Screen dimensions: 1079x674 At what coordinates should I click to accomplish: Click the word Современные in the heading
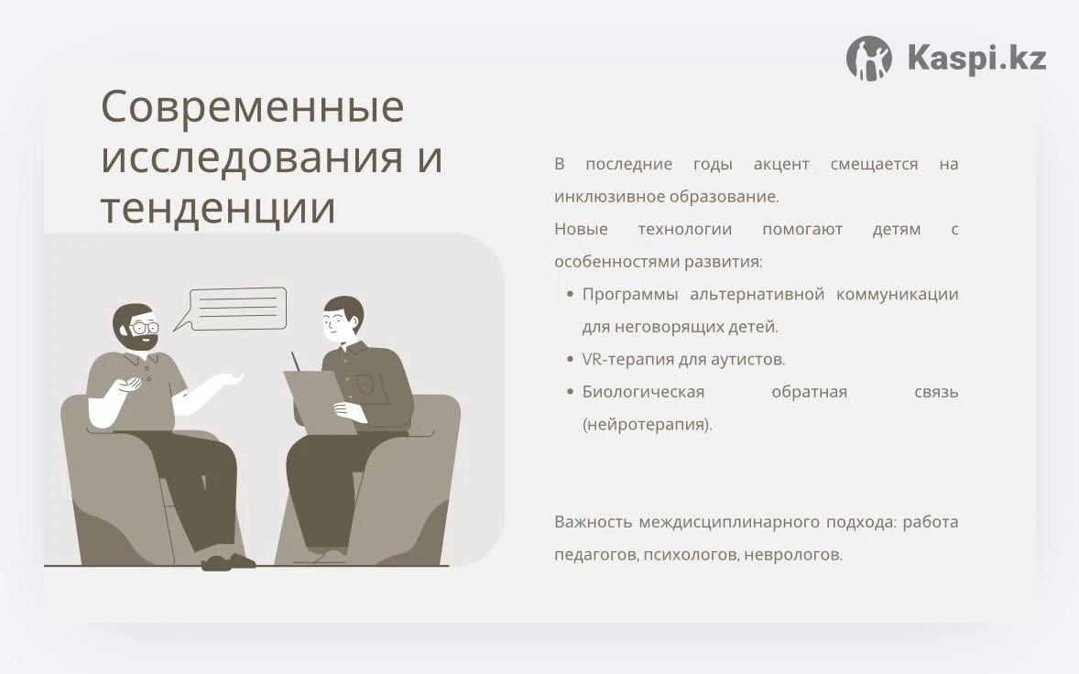tap(253, 106)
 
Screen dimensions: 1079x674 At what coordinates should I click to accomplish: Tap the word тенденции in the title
tap(218, 209)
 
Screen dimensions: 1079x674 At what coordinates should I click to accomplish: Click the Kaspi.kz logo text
tap(976, 57)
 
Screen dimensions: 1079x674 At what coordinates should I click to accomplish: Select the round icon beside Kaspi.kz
tap(869, 59)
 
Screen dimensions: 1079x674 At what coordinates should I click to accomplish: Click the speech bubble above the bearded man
tap(234, 309)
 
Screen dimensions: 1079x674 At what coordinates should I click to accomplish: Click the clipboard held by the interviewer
tap(321, 402)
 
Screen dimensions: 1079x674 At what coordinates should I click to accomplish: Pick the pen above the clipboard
tap(296, 362)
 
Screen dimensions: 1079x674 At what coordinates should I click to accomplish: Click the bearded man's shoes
tap(228, 562)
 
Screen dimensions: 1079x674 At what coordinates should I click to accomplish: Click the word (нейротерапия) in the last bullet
tap(647, 424)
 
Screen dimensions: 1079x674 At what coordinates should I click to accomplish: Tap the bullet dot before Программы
tap(570, 294)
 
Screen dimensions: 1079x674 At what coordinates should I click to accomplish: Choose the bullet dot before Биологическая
tap(570, 392)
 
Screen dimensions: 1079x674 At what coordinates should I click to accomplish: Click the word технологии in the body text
tap(685, 229)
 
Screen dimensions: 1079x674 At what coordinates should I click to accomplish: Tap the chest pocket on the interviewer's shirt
tap(365, 385)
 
